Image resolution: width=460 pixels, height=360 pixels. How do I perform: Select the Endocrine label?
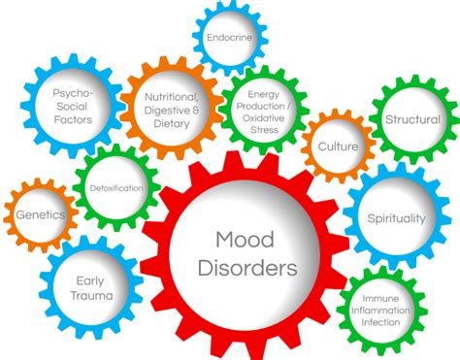pyautogui.click(x=230, y=37)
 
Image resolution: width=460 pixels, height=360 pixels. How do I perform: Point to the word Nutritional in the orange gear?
pyautogui.click(x=171, y=97)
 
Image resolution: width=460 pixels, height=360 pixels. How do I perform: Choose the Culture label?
pyautogui.click(x=337, y=147)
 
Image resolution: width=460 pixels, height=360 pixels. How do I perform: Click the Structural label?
pyautogui.click(x=412, y=119)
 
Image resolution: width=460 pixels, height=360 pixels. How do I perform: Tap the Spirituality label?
pyautogui.click(x=396, y=218)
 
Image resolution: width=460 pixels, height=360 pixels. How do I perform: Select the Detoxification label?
pyautogui.click(x=116, y=187)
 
